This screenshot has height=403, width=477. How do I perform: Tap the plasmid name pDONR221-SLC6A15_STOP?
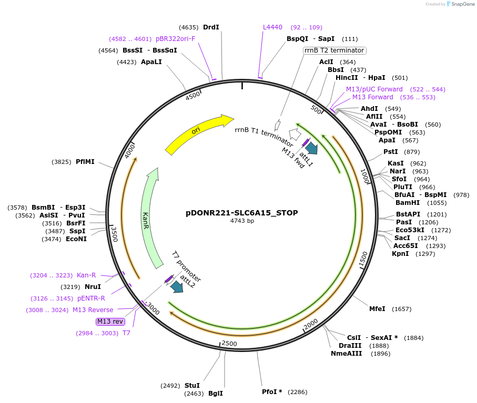pos(242,213)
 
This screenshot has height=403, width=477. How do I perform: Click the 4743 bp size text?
pos(242,221)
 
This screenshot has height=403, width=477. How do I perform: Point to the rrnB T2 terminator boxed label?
pos(334,50)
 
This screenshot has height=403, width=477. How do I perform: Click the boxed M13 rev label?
pos(110,321)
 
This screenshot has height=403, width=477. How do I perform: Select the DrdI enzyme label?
pos(211,27)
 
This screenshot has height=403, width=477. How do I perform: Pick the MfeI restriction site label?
pos(377,309)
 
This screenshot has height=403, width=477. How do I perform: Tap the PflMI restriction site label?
pos(85,162)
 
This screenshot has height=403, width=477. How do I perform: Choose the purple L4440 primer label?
pos(272,27)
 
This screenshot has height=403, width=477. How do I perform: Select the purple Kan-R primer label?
pos(86,275)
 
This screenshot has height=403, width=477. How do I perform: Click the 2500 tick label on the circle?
pos(229,344)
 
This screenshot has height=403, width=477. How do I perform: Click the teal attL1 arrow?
pos(311,148)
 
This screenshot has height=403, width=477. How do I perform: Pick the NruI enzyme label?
pos(93,287)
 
